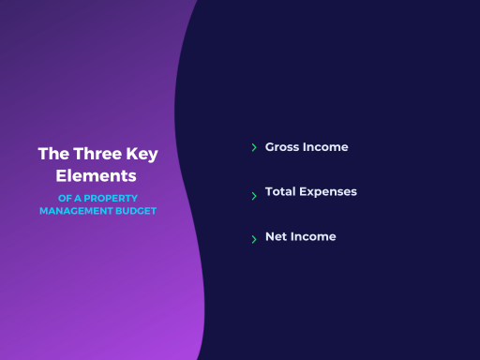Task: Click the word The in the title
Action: click(53, 154)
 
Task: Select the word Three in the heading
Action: click(97, 154)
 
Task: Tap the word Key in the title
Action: click(142, 155)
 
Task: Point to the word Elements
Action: click(96, 175)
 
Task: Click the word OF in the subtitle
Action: click(65, 198)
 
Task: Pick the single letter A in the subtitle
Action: click(78, 198)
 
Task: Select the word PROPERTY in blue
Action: click(111, 198)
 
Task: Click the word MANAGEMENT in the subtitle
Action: click(76, 211)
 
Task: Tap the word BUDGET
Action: click(136, 211)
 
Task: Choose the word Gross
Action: click(282, 147)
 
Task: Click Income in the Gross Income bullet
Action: click(325, 147)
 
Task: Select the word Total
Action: click(280, 191)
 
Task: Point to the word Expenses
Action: click(328, 192)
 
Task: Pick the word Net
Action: click(276, 236)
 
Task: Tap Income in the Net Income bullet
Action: click(313, 236)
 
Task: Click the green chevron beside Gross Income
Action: click(254, 147)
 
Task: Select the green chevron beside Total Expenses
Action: click(254, 196)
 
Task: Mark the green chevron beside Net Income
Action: click(254, 239)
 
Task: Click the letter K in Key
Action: click(132, 154)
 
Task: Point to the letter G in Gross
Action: click(270, 147)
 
